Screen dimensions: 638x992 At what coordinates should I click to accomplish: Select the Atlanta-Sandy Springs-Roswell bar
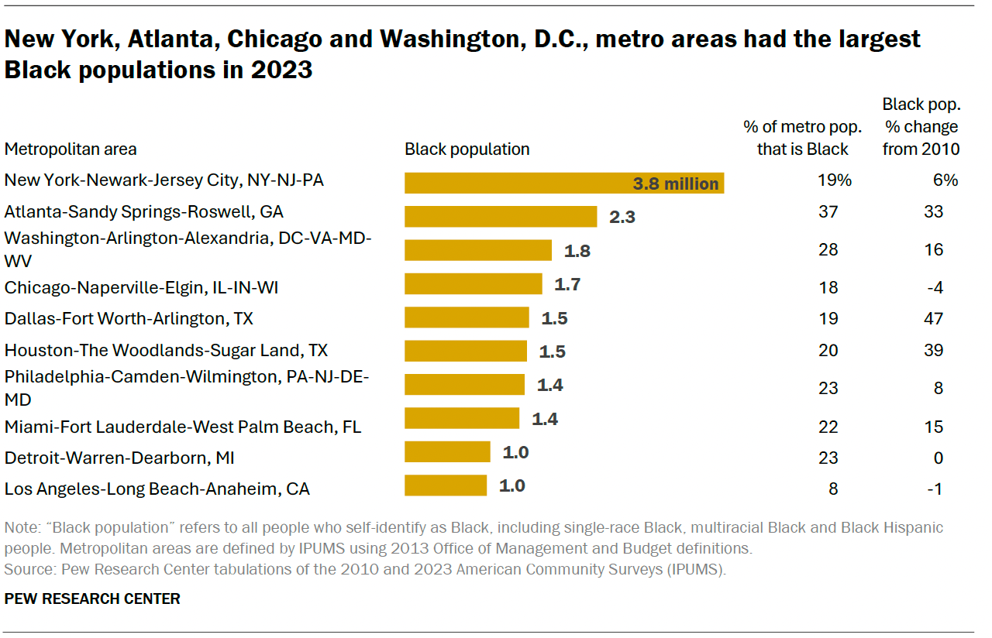[x=501, y=216]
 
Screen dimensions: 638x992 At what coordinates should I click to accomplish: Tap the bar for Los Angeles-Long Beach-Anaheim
[x=446, y=486]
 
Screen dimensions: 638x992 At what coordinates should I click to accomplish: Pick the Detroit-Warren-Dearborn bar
[x=447, y=452]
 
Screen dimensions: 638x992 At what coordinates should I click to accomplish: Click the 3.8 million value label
[x=676, y=184]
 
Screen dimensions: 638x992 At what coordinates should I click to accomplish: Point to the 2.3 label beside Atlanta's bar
[x=622, y=217]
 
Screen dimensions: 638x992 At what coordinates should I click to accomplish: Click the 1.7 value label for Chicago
[x=567, y=284]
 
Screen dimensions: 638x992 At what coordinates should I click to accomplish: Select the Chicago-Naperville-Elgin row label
[x=141, y=288]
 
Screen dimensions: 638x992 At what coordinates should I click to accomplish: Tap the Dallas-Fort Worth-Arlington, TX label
[x=129, y=318]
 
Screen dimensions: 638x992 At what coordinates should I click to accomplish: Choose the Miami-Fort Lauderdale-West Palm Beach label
[x=183, y=427]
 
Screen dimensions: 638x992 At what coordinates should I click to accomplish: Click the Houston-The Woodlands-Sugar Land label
[x=166, y=351]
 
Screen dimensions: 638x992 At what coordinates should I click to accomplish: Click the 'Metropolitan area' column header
[x=71, y=149]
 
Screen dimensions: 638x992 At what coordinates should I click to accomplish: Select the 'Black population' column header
[x=467, y=149]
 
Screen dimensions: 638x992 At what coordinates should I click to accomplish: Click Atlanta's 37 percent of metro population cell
[x=828, y=211]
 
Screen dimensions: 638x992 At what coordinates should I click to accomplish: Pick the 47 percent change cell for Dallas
[x=933, y=318]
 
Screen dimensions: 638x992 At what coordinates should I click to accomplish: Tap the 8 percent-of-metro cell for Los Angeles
[x=832, y=489]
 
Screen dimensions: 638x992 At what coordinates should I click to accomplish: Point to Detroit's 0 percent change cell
[x=938, y=458]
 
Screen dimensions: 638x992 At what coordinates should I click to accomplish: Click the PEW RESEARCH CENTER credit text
[x=92, y=599]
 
